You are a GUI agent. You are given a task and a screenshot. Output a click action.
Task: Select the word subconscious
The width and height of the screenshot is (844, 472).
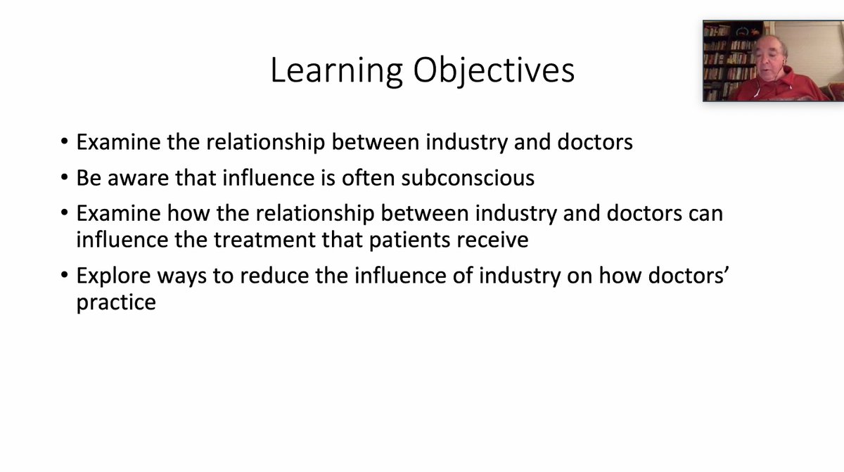click(x=468, y=178)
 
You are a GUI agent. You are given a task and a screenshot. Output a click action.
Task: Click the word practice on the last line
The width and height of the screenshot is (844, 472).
click(x=116, y=303)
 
